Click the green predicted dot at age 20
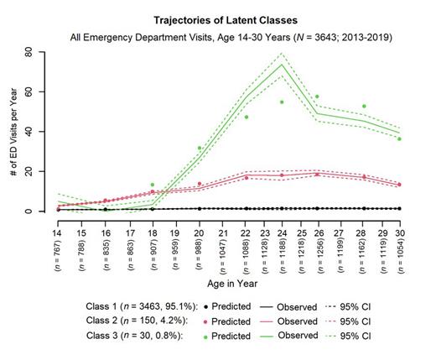point(199,149)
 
